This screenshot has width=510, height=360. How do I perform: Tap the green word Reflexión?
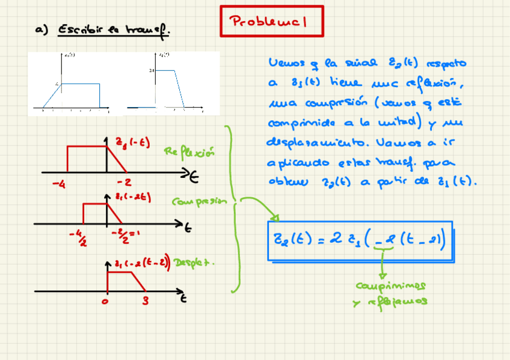[189, 152]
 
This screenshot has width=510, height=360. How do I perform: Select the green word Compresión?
[200, 202]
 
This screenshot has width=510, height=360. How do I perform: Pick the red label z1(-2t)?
[133, 197]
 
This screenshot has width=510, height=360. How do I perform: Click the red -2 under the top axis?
[125, 183]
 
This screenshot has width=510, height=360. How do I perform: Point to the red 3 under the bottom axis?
[145, 301]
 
